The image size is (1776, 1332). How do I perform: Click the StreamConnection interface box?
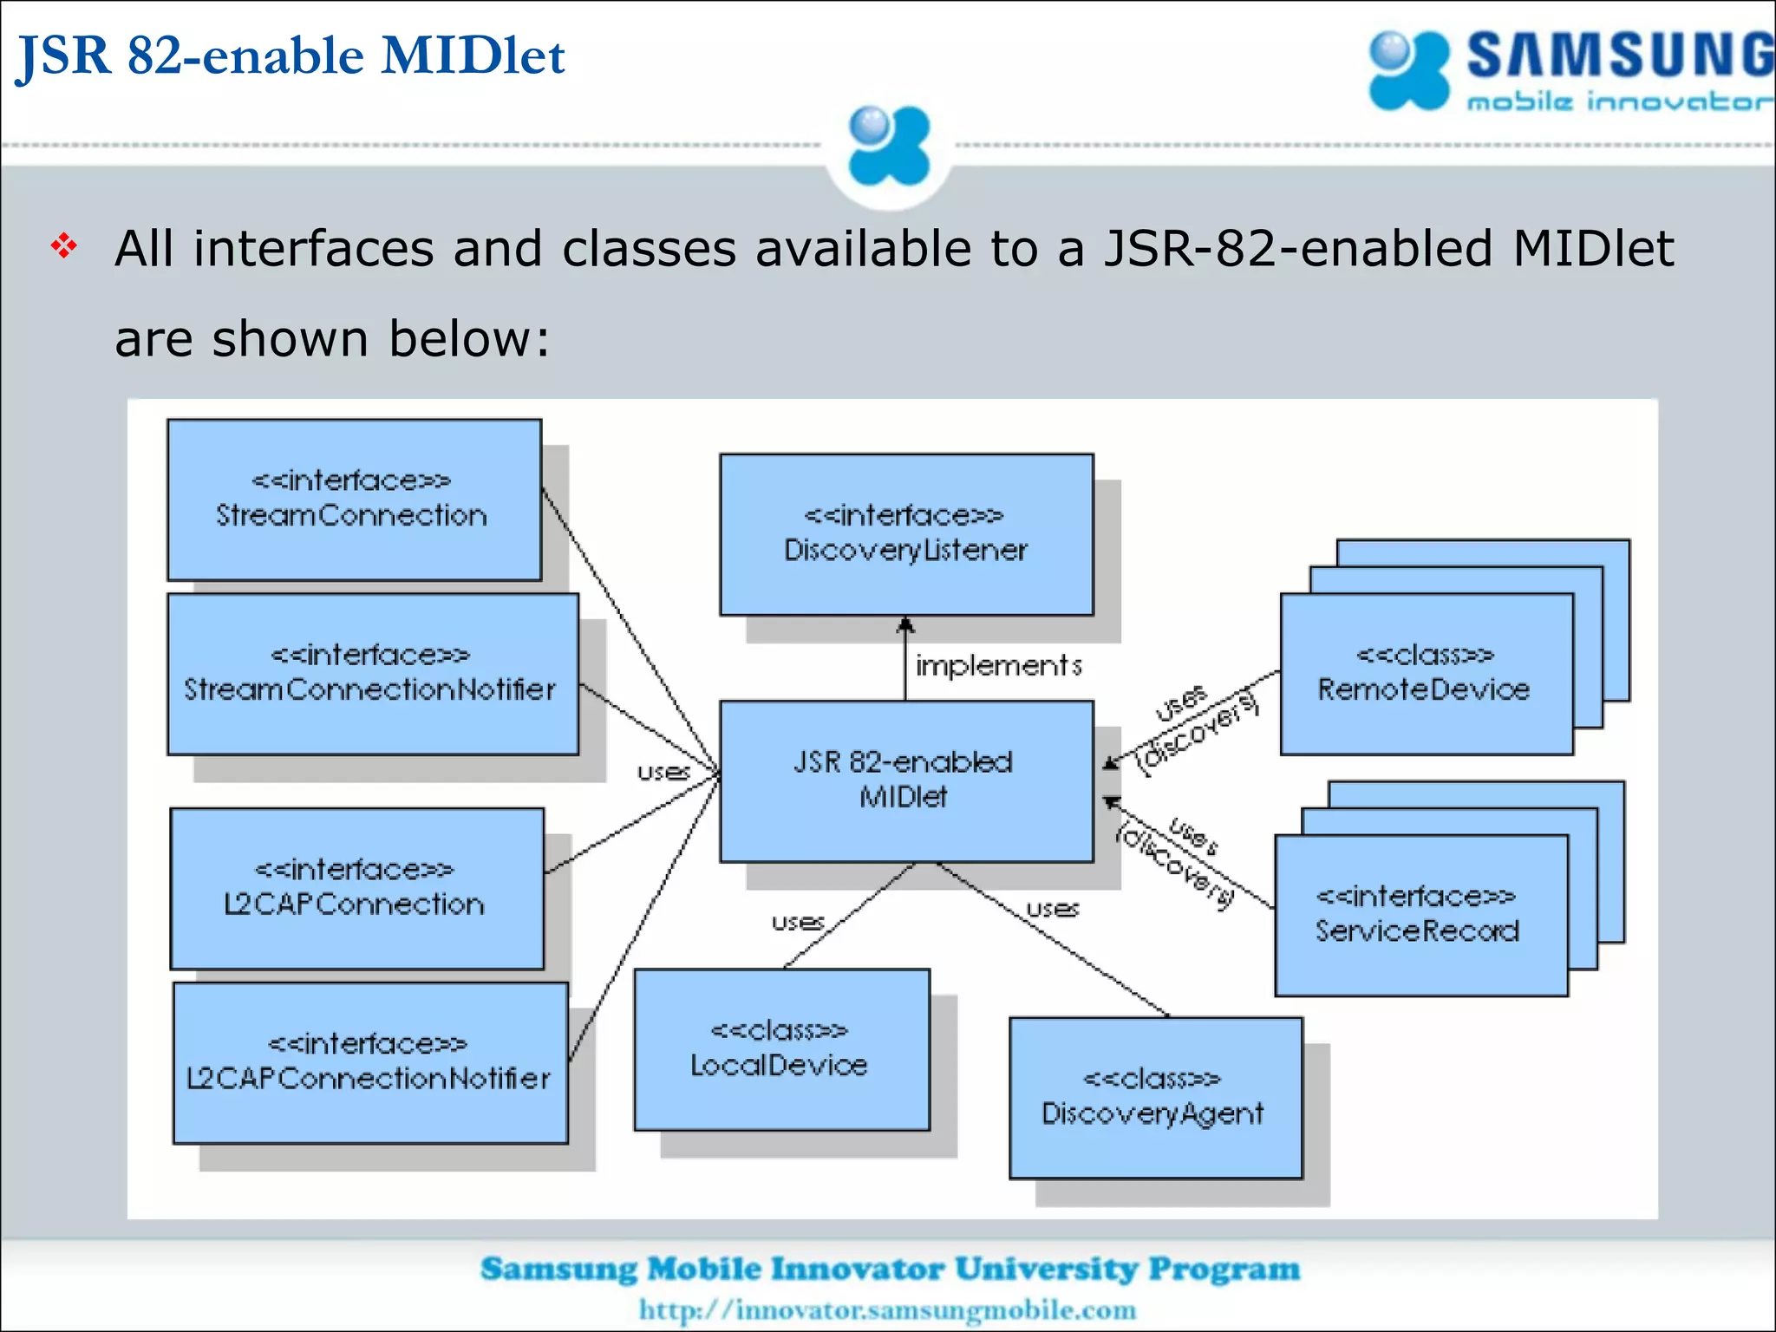coord(354,499)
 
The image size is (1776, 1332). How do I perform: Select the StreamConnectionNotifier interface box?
coord(372,674)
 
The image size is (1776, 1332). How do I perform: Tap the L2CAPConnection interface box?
coord(356,888)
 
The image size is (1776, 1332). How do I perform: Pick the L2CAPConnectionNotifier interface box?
coord(370,1062)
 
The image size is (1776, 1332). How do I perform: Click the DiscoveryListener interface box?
coord(906,534)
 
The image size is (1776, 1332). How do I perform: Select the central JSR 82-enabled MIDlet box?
coord(906,780)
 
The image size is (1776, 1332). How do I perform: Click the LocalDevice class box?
coord(781,1049)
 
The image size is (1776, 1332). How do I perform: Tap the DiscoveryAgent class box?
coord(1155,1098)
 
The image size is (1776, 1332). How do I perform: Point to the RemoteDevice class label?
coord(1424,689)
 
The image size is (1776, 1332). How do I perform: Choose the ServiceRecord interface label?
coord(1418,930)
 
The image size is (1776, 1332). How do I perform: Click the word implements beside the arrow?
coord(999,666)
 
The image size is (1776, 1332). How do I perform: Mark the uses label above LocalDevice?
coord(798,922)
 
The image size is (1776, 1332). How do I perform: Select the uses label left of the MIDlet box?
coord(663,772)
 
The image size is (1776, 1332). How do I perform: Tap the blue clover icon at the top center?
coord(889,146)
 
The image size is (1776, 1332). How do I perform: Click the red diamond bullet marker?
coord(64,246)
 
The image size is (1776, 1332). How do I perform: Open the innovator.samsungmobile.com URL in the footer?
coord(887,1309)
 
